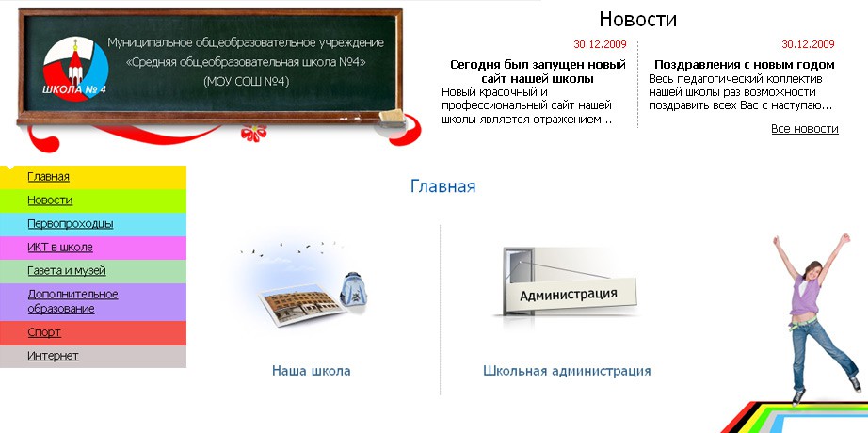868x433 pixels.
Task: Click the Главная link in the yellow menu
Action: coord(48,177)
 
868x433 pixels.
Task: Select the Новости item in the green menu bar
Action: coord(50,200)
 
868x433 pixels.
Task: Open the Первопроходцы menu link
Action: coord(71,224)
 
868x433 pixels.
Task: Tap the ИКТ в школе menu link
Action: coord(60,247)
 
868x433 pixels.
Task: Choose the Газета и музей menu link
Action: coord(67,271)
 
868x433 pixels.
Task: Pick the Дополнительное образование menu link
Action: coord(72,301)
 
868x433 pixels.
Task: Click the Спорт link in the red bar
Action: coord(44,332)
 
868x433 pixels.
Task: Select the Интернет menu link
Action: coord(53,356)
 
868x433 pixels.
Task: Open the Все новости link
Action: coord(805,129)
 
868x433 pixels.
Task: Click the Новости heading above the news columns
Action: coord(637,20)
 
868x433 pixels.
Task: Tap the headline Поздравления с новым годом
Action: coord(745,65)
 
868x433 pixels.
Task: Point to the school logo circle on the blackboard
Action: coord(75,69)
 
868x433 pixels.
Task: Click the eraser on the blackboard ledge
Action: coord(393,118)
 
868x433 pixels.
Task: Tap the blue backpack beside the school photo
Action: coord(353,289)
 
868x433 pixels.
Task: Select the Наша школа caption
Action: coord(311,371)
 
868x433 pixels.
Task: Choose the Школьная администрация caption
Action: coord(567,371)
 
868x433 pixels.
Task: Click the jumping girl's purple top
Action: coord(804,296)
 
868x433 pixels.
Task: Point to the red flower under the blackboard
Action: coord(253,133)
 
